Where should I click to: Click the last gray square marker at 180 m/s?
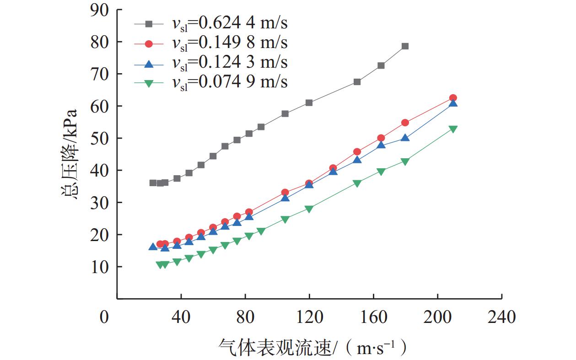tap(405, 46)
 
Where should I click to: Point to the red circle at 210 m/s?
tap(453, 98)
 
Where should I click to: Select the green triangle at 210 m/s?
tap(453, 129)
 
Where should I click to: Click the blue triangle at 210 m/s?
tap(453, 103)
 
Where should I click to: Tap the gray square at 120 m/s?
tap(309, 102)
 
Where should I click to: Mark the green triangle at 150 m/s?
tap(357, 183)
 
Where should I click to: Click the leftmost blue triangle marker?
tap(153, 247)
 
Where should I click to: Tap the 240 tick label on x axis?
tap(502, 317)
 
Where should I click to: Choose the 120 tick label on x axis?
tap(309, 317)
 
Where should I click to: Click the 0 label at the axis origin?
tap(105, 317)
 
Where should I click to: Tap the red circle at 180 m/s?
tap(405, 123)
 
